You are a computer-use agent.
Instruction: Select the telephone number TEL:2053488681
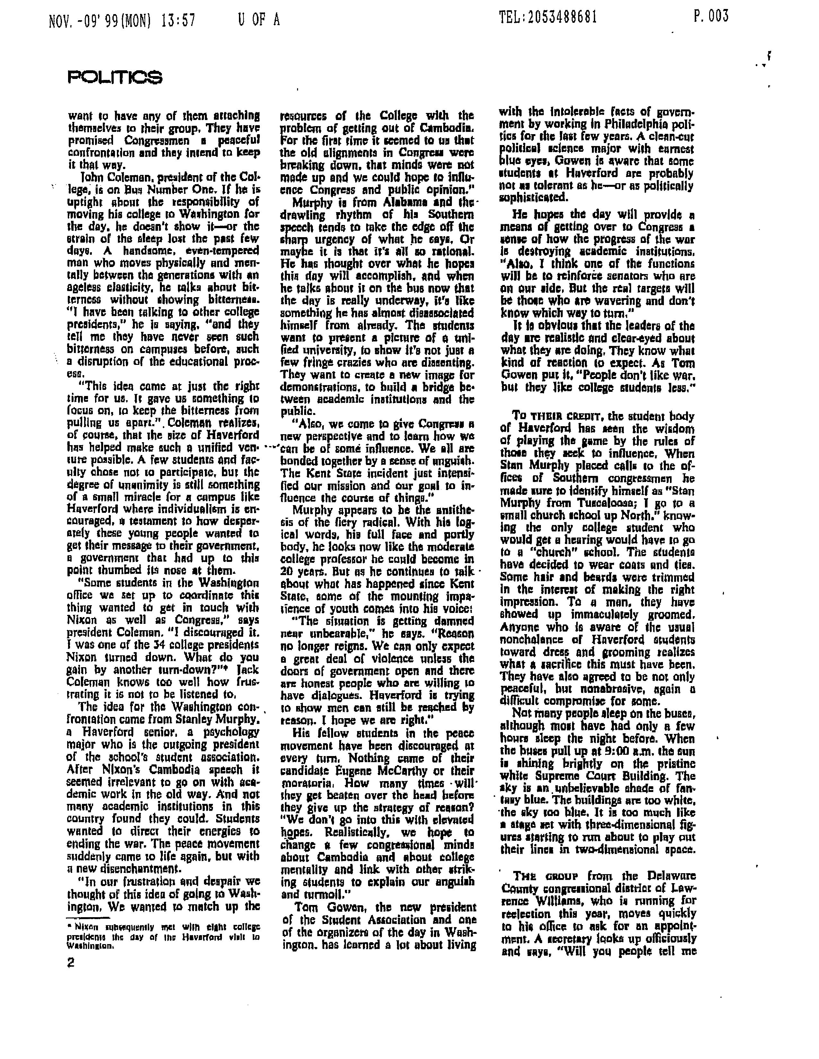(x=548, y=18)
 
